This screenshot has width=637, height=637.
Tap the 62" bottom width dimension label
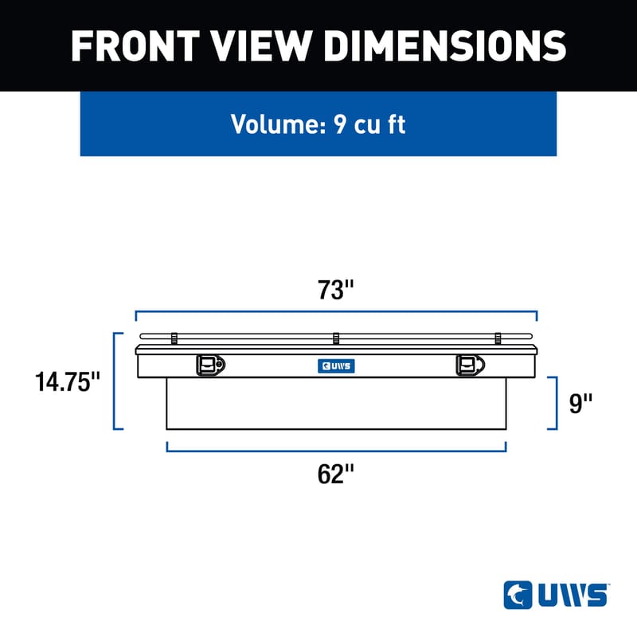tap(335, 475)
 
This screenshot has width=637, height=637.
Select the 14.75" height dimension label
tap(68, 381)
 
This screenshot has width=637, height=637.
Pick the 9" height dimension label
tap(582, 403)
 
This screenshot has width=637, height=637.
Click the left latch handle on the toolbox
tap(209, 365)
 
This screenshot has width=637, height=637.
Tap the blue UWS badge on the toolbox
tap(334, 366)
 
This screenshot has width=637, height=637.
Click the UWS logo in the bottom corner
tap(556, 594)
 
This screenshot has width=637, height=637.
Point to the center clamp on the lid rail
tap(336, 338)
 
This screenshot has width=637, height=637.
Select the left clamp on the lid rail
tap(174, 338)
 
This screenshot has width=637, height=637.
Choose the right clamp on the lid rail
tap(498, 338)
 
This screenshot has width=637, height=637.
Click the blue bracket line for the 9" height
tap(556, 403)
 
